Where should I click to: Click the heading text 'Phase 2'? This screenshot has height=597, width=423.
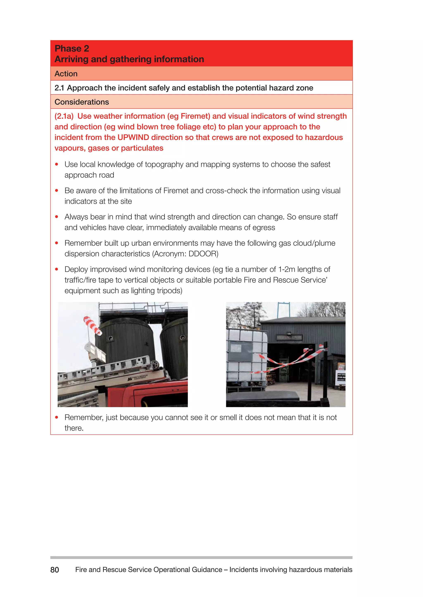[x=72, y=49]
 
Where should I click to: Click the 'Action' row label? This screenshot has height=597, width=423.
[x=66, y=74]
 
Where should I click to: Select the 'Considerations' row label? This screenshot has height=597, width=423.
[x=82, y=102]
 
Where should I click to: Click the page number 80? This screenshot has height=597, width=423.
[x=55, y=570]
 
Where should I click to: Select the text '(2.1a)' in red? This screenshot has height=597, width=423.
[x=64, y=116]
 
